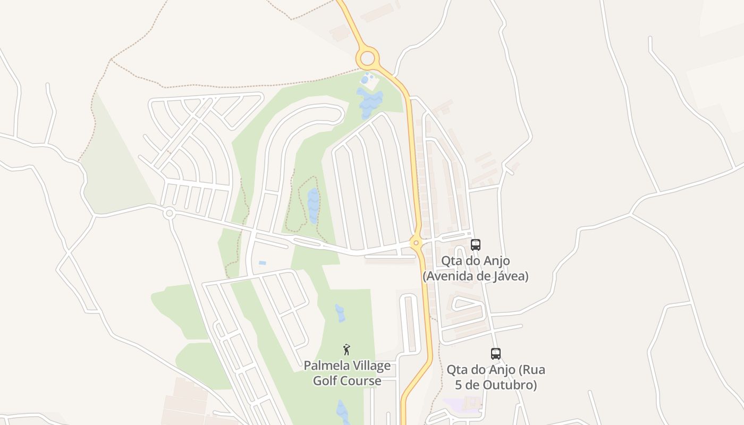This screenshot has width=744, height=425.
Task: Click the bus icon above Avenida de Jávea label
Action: (476, 245)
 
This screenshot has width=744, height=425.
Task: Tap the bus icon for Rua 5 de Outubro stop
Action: (496, 354)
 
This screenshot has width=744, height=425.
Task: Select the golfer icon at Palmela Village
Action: (346, 350)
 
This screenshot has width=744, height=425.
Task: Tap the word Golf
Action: (324, 381)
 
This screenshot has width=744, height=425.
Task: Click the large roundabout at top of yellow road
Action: (367, 58)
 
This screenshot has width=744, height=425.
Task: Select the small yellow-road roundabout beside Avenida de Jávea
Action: (416, 243)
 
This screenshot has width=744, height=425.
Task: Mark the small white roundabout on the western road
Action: (170, 213)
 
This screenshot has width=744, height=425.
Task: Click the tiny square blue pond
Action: (262, 263)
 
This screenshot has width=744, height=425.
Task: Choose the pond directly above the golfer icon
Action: (340, 313)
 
